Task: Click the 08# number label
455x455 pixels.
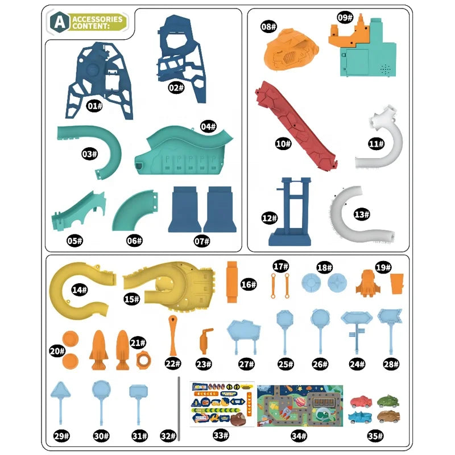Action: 268,27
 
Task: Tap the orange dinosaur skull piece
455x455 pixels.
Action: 291,50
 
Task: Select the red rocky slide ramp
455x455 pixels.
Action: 295,127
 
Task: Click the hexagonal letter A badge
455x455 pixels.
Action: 60,22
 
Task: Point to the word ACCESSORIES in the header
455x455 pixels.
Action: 97,19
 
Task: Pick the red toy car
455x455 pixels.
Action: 361,402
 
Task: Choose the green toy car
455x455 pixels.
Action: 388,401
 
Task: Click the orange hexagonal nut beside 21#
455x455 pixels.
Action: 144,360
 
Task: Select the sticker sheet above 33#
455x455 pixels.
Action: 222,404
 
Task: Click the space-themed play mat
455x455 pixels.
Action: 300,406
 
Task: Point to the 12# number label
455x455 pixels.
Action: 269,218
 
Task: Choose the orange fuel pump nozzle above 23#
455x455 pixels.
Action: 206,341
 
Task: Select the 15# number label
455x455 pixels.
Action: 131,299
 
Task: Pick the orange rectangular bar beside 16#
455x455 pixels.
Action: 232,282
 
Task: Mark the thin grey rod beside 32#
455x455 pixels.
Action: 179,408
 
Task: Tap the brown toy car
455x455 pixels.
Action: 388,416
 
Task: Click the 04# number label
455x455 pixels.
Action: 208,126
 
